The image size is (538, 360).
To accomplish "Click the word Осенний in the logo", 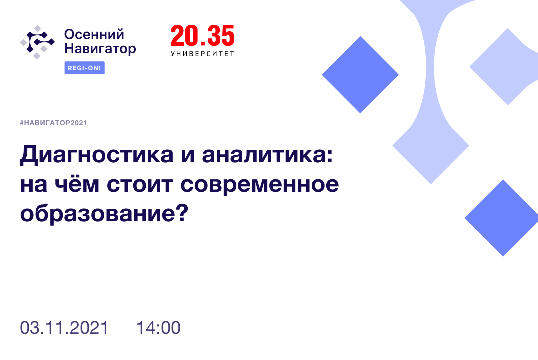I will click(94, 35).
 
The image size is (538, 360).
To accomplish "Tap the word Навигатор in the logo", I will click(100, 49).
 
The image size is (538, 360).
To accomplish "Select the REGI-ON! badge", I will click(84, 68).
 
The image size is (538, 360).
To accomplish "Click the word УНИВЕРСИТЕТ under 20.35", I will click(202, 53).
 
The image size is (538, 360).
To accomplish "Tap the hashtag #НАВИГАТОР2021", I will click(53, 123).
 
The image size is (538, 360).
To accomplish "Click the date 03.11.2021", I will click(64, 328).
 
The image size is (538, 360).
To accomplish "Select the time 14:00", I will click(158, 328).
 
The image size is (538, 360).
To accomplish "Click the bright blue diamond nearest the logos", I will click(360, 75).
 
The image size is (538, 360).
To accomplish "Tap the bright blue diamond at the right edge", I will click(502, 218).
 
